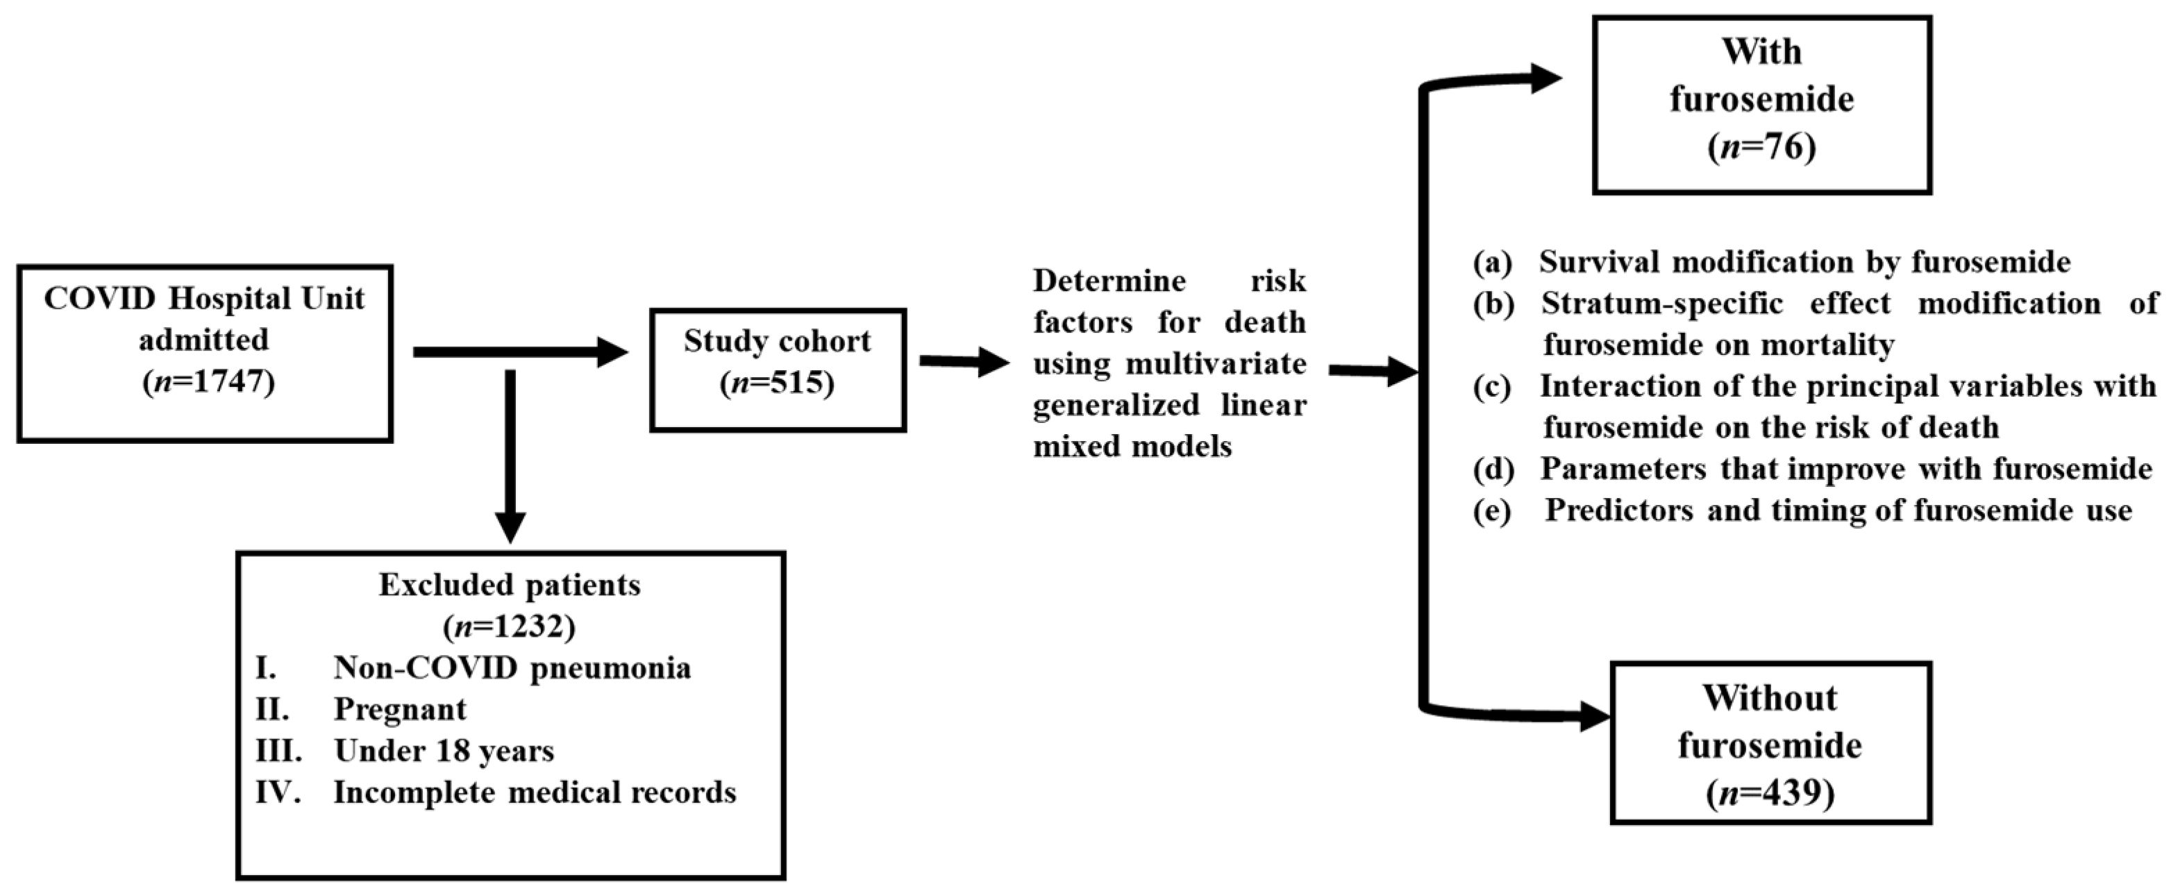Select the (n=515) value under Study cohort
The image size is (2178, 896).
pyautogui.click(x=777, y=383)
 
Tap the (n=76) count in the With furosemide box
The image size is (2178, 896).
pyautogui.click(x=1761, y=147)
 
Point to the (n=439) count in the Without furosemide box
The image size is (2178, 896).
pyautogui.click(x=1770, y=794)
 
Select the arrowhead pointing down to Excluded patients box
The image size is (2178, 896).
pyautogui.click(x=510, y=527)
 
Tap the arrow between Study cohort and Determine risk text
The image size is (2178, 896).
pyautogui.click(x=964, y=362)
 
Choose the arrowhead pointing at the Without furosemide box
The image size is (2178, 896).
pyautogui.click(x=1594, y=718)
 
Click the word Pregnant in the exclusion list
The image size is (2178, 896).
pyautogui.click(x=400, y=709)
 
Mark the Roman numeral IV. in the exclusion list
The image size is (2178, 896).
pyautogui.click(x=278, y=792)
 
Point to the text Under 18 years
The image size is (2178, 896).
pyautogui.click(x=444, y=750)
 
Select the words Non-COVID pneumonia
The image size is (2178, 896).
pyautogui.click(x=512, y=667)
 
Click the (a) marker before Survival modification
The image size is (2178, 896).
pyautogui.click(x=1491, y=263)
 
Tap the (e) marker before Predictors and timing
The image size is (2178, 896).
pyautogui.click(x=1491, y=511)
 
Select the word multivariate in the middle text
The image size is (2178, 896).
pyautogui.click(x=1216, y=364)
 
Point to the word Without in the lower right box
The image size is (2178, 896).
pyautogui.click(x=1769, y=698)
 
